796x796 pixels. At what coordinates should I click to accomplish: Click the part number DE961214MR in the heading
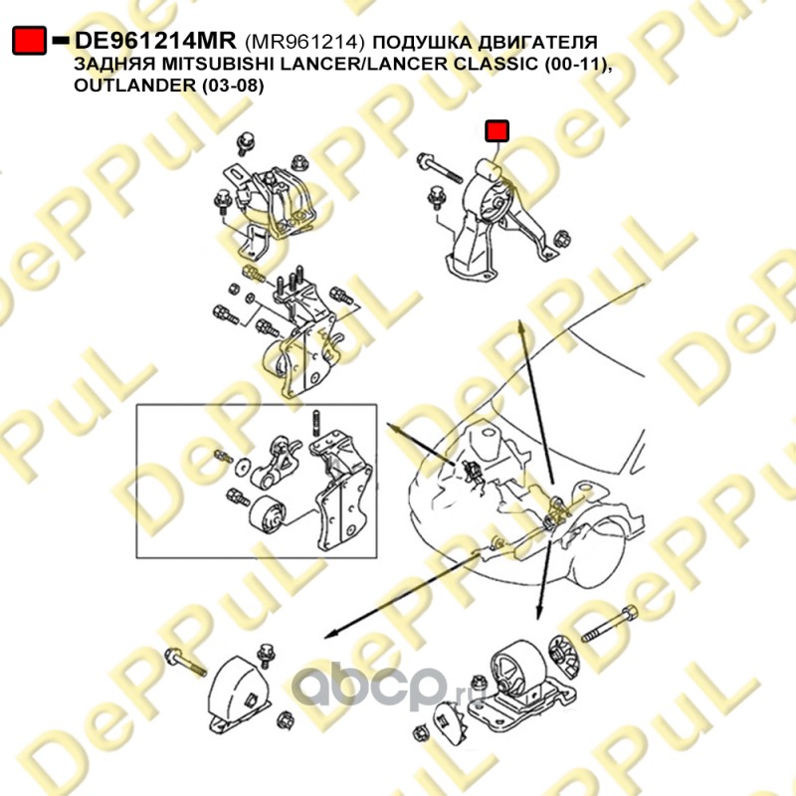[x=155, y=41]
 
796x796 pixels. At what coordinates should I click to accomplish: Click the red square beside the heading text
[x=29, y=41]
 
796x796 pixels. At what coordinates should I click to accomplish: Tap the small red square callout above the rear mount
[x=497, y=131]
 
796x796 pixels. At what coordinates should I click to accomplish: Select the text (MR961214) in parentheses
[x=304, y=42]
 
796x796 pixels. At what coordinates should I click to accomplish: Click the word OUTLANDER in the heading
[x=134, y=85]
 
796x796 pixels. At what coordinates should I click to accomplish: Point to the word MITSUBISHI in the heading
[x=207, y=64]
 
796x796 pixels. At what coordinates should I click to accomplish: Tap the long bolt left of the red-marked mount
[x=439, y=169]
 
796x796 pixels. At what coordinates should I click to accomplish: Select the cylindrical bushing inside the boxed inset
[x=268, y=515]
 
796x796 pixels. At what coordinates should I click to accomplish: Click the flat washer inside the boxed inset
[x=243, y=467]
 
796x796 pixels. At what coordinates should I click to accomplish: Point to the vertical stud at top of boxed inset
[x=315, y=422]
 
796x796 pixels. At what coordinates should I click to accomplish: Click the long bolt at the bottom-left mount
[x=185, y=663]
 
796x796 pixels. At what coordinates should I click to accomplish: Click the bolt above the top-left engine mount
[x=247, y=143]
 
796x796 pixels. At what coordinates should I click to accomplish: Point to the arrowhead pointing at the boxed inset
[x=393, y=428]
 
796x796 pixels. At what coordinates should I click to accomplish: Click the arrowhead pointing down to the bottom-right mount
[x=540, y=613]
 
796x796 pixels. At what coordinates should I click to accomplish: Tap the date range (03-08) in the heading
[x=233, y=86]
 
